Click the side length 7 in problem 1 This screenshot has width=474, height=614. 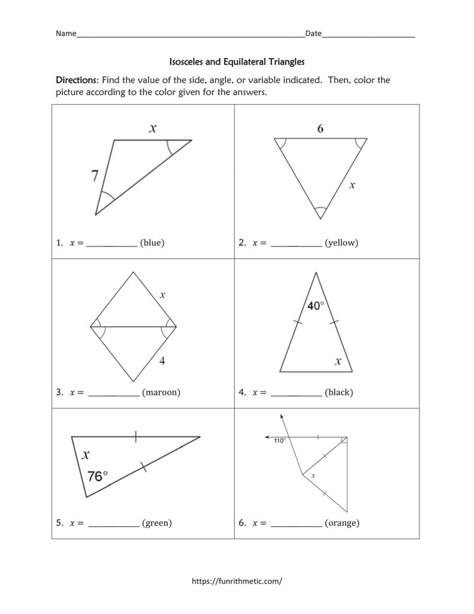click(95, 176)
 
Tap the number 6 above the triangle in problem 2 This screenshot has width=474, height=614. click(321, 128)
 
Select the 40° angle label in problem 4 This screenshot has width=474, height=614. click(316, 306)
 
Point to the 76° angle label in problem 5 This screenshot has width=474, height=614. click(98, 476)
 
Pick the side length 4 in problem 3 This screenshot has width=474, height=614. click(162, 361)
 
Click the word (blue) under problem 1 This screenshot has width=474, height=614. click(152, 243)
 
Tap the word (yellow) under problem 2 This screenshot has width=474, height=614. click(341, 243)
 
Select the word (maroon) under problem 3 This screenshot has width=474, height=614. click(161, 393)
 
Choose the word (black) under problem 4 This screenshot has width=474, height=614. click(339, 393)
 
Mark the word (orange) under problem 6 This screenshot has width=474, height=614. click(342, 523)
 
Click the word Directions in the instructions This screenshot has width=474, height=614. click(77, 80)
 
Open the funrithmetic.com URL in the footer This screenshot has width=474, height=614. click(236, 581)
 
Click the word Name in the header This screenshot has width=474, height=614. click(66, 34)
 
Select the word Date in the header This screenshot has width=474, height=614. click(313, 34)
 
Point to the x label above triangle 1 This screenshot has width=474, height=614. click(153, 128)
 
